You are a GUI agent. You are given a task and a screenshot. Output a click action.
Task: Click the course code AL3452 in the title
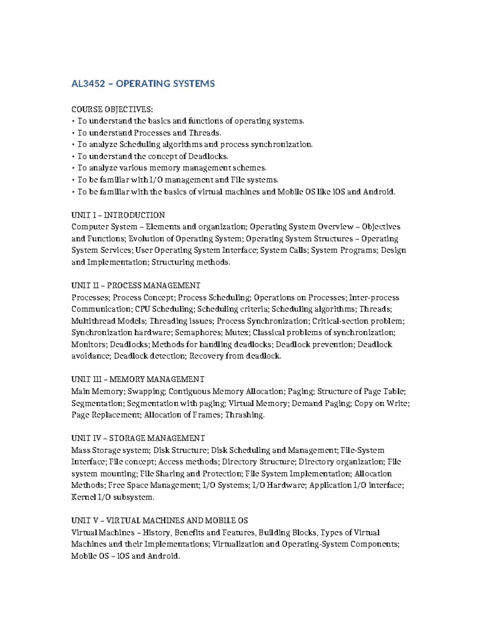coord(88,84)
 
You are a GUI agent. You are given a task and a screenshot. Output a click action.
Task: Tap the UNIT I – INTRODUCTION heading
coord(118,215)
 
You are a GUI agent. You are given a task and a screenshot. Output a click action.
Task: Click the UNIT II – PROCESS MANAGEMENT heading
coord(136,286)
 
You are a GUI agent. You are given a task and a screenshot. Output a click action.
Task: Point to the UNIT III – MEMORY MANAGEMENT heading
coord(138,380)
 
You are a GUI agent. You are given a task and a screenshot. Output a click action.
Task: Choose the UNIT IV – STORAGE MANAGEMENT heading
coord(138,438)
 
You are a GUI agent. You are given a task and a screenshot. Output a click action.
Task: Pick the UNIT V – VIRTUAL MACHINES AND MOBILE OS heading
coord(160,520)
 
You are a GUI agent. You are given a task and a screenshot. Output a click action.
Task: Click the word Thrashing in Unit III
coord(244,415)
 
